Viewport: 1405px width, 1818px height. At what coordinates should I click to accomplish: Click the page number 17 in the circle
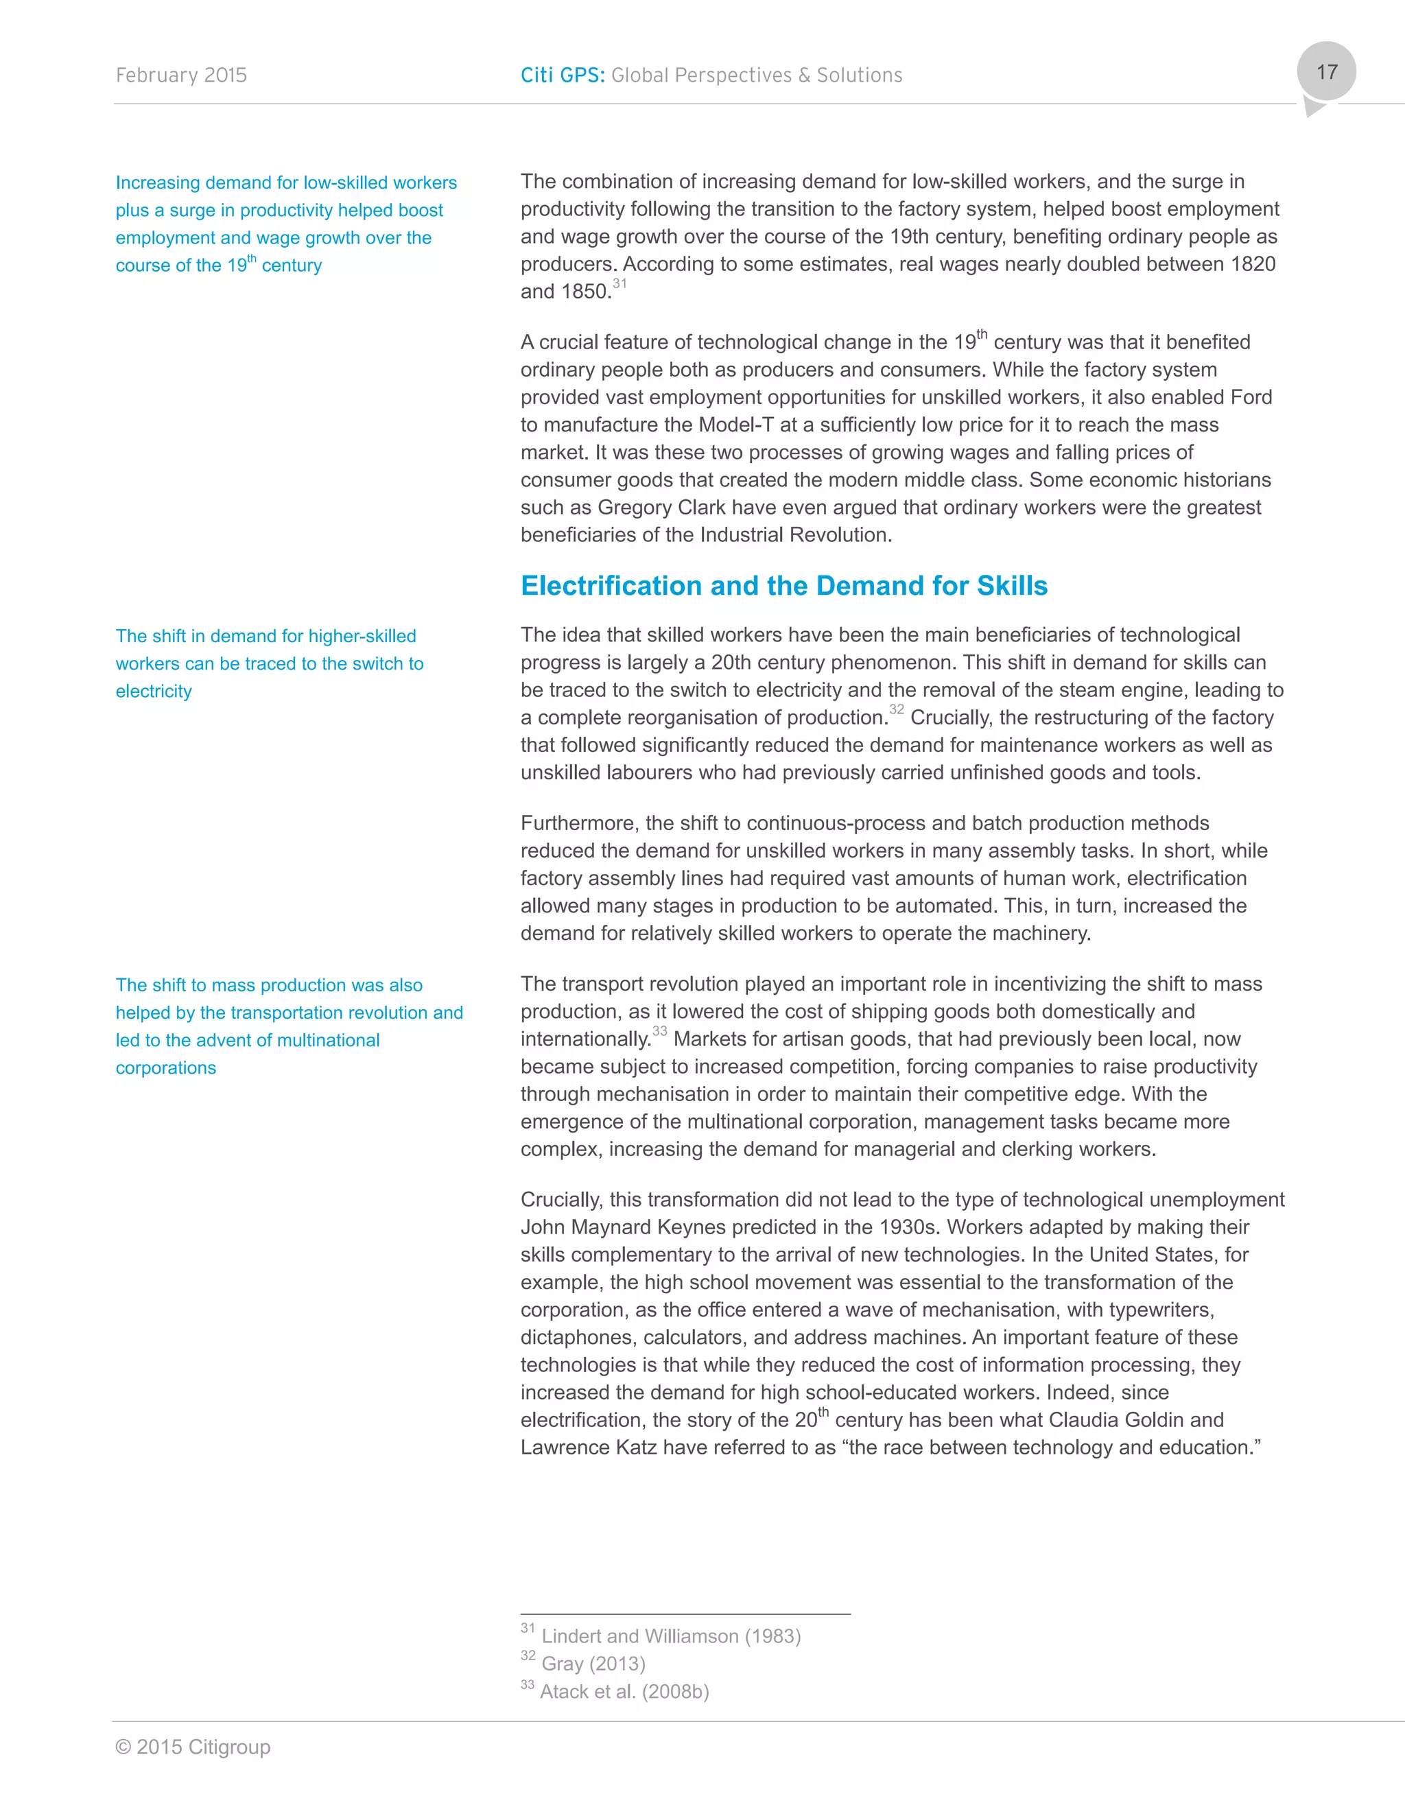click(x=1326, y=73)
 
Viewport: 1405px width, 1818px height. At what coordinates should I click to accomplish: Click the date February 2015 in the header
click(x=181, y=75)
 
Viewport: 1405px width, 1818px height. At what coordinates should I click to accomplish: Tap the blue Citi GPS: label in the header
click(x=563, y=75)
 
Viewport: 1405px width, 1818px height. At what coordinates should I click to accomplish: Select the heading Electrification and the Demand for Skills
click(x=783, y=586)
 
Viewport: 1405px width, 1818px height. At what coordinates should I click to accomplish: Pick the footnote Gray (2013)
click(x=593, y=1663)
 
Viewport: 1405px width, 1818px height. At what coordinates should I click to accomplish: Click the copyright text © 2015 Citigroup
click(x=193, y=1747)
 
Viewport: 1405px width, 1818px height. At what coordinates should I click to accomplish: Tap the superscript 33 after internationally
click(x=659, y=1031)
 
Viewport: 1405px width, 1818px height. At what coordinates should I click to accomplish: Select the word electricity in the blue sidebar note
click(x=154, y=692)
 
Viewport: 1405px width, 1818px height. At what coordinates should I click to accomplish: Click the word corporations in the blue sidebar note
click(x=165, y=1068)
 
